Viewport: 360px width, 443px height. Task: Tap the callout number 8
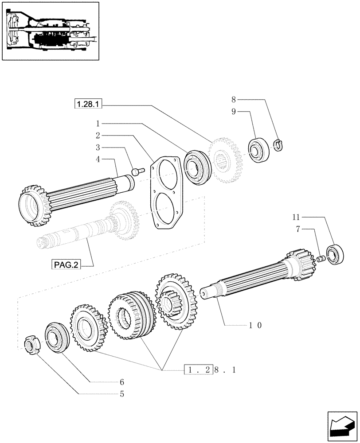coord(234,100)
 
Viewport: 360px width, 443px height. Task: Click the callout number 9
coord(234,112)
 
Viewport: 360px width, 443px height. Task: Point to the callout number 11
coord(296,217)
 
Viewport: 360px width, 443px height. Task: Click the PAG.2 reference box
coord(67,265)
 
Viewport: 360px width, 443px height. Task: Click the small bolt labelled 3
coord(137,170)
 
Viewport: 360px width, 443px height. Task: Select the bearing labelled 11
coord(335,254)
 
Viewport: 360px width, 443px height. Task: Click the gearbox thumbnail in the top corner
coord(50,31)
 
